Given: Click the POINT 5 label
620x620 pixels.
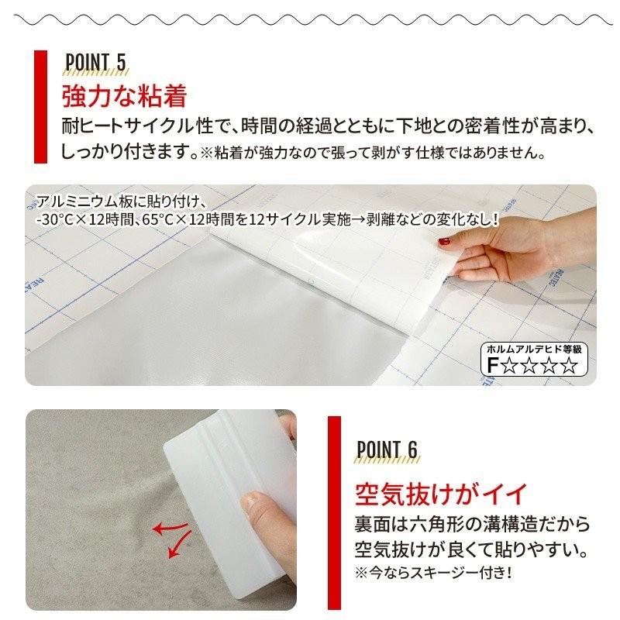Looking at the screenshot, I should click(x=96, y=63).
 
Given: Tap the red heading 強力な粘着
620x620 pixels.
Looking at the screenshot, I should click(x=125, y=97).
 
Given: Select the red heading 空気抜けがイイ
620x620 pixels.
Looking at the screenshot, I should click(x=440, y=492).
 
